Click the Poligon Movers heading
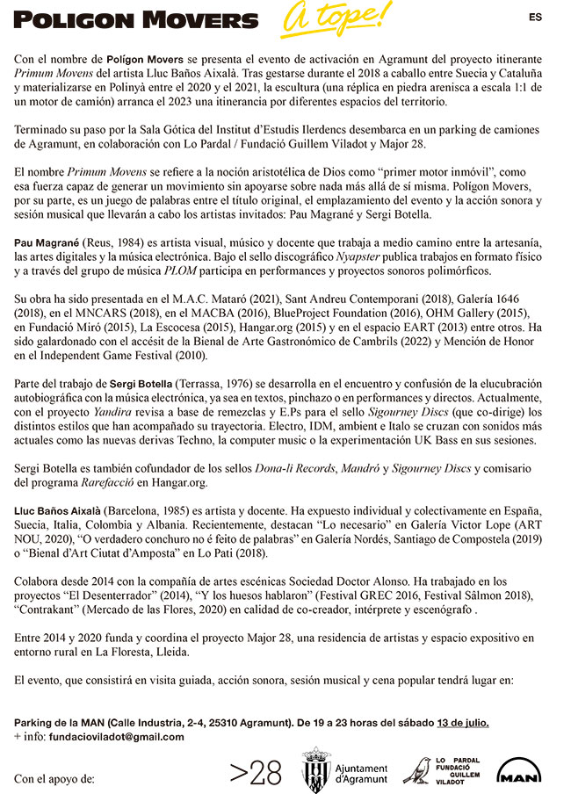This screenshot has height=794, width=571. pos(136,20)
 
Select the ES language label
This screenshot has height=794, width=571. pos(536,16)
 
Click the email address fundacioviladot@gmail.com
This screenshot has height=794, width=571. pos(117,737)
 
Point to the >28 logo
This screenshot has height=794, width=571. pos(256,772)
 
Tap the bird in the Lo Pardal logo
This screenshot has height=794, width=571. pos(417,770)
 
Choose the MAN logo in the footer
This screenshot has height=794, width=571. pos(518,771)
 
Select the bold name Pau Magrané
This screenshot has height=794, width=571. pos(46,242)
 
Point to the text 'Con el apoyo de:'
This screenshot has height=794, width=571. pos(54,778)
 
